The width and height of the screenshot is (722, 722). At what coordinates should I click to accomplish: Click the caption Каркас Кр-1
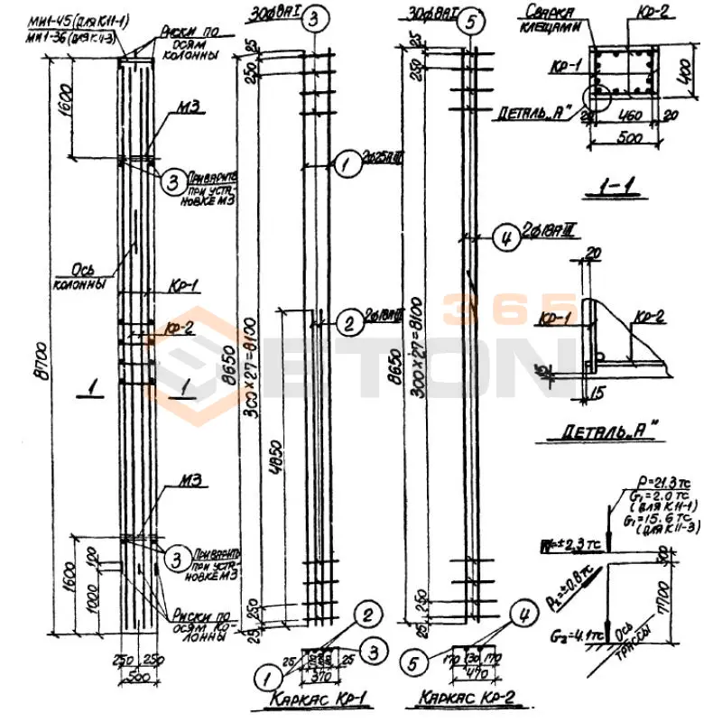point(315,700)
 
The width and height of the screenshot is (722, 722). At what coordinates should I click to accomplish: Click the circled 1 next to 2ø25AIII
point(344,164)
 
